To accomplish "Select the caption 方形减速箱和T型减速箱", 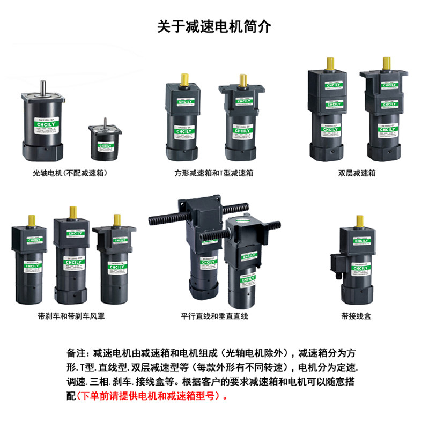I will coord(214,173).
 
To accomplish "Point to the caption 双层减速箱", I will coord(357,173).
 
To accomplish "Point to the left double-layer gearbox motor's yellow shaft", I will coord(326,63).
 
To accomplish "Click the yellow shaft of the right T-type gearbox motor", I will coord(242,80).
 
